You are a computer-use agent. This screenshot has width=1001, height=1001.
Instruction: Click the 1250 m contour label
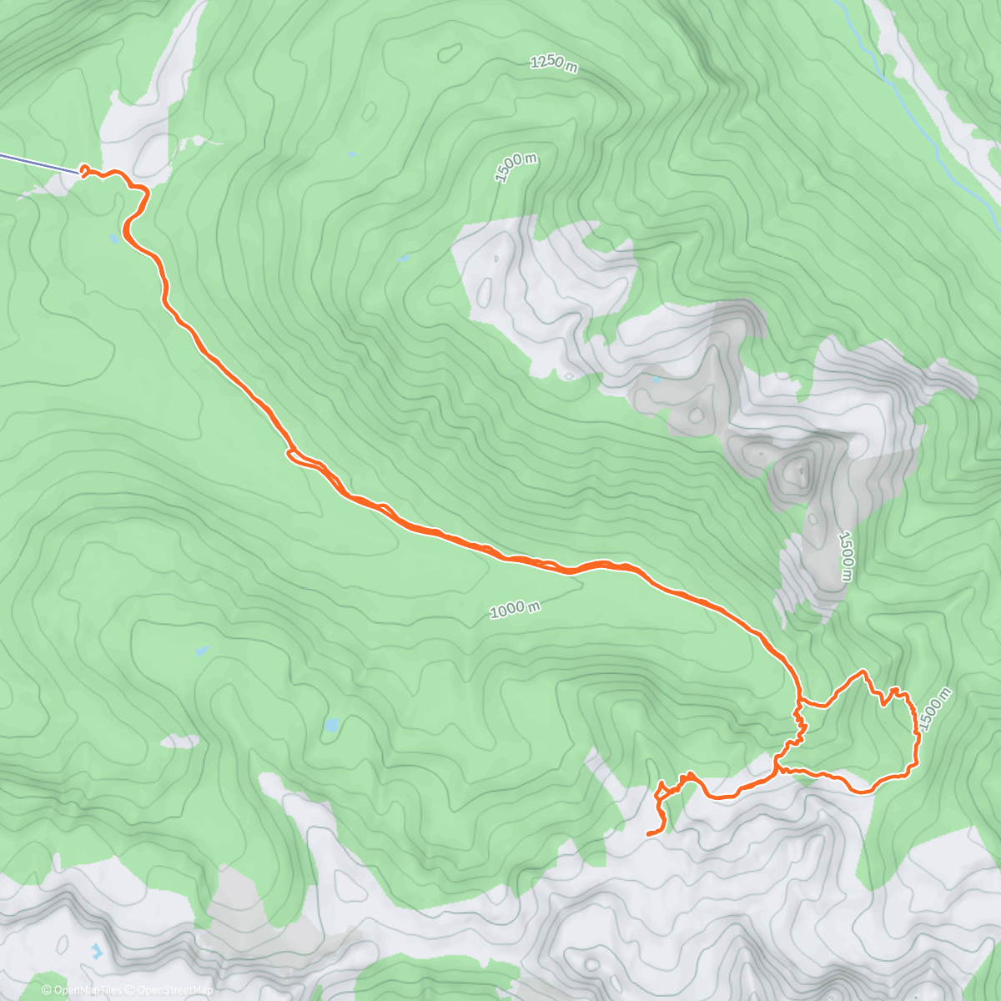(553, 63)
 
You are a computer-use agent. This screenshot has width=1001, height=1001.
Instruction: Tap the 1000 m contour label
(515, 609)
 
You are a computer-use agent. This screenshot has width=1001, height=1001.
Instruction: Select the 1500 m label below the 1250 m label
(515, 167)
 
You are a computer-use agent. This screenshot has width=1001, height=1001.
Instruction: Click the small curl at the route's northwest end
(84, 171)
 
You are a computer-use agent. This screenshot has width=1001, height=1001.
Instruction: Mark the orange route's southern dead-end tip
(649, 832)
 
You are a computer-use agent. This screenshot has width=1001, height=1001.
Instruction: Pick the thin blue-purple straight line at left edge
(38, 163)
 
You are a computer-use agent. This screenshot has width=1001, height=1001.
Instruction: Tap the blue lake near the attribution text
(98, 950)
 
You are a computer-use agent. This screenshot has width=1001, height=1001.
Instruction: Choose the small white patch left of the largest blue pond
(180, 741)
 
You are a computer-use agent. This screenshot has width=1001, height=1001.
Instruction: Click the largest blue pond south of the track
(331, 726)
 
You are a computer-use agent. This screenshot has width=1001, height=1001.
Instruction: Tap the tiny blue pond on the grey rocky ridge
(656, 380)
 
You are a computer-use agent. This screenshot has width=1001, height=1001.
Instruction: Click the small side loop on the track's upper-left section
(297, 455)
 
